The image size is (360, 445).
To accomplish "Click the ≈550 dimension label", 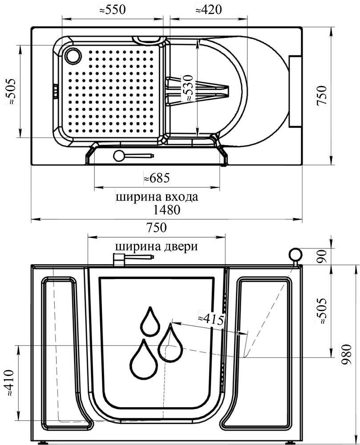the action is coord(112,10).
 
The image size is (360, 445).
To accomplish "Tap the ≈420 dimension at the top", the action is coord(209,10).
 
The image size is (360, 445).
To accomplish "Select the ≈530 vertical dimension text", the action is coord(188,88).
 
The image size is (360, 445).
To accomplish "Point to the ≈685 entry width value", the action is coord(157,178).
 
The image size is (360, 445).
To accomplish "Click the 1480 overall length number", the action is coord(167,210).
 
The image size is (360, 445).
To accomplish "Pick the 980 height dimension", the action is coord(347,355).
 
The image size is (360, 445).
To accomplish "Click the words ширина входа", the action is coord(157,197).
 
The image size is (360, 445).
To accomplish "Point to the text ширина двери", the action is coord(156,246).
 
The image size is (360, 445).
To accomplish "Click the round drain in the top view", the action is coord(73,56).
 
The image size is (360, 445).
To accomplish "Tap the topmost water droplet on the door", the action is coord(150,321).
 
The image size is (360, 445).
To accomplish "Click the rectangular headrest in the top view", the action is coord(295,91).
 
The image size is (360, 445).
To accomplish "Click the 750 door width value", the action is coord(156,228).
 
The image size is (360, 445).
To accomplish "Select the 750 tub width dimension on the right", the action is coord(322,95).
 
